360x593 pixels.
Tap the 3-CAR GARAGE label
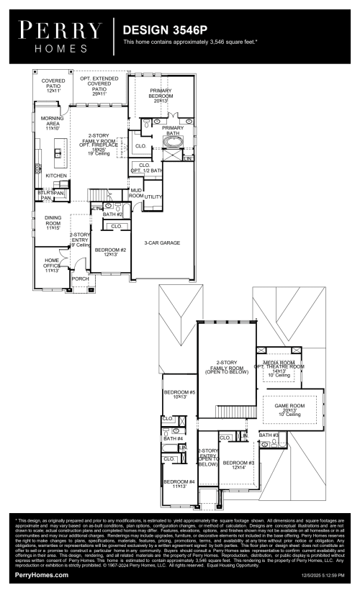point(162,243)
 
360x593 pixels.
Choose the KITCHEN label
point(56,176)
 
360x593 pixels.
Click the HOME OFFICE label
point(53,264)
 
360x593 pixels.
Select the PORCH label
point(80,279)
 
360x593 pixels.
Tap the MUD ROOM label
point(136,193)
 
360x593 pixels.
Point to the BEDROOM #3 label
point(238,465)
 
